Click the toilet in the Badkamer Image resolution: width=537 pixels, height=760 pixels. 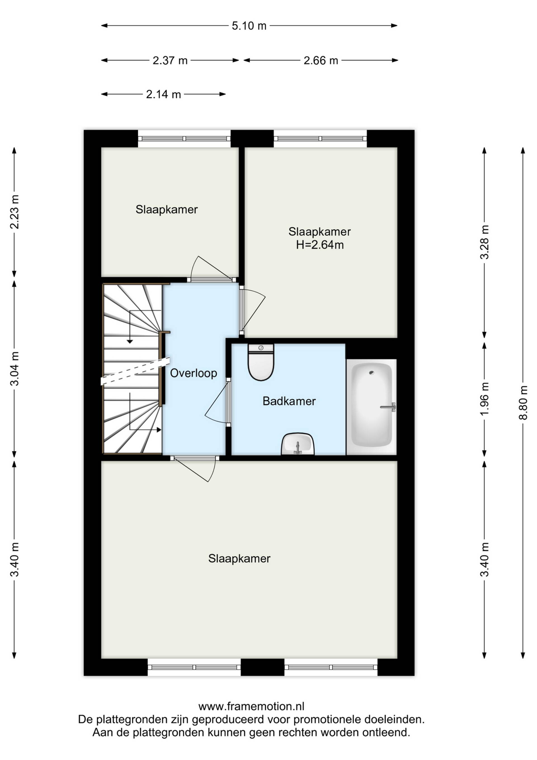pyautogui.click(x=261, y=362)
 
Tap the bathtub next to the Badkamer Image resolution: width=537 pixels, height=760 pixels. pyautogui.click(x=371, y=407)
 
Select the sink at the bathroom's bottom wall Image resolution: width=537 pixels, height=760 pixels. pyautogui.click(x=298, y=444)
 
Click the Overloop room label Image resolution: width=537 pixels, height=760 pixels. pyautogui.click(x=194, y=373)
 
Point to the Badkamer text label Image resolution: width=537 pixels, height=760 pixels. pyautogui.click(x=289, y=401)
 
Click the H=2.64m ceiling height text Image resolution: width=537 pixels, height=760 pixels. pyautogui.click(x=320, y=245)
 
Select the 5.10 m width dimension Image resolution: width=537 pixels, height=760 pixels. pyautogui.click(x=249, y=26)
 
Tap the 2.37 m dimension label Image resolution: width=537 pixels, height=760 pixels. pyautogui.click(x=170, y=60)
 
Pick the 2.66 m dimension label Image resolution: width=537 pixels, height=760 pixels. pyautogui.click(x=321, y=60)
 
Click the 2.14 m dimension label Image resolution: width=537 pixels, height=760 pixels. pyautogui.click(x=163, y=95)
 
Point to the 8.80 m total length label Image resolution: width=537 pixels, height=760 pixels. pyautogui.click(x=523, y=402)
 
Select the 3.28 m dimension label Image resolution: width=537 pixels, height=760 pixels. pyautogui.click(x=484, y=242)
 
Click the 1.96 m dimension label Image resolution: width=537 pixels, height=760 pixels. pyautogui.click(x=484, y=399)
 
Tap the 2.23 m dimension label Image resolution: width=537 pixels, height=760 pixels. pyautogui.click(x=15, y=212)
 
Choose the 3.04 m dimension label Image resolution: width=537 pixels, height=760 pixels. pyautogui.click(x=15, y=369)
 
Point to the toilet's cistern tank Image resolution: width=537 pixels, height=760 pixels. pyautogui.click(x=261, y=348)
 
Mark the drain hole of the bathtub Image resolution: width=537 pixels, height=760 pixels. pyautogui.click(x=372, y=373)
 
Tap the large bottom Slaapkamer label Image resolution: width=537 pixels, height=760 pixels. pyautogui.click(x=239, y=559)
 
